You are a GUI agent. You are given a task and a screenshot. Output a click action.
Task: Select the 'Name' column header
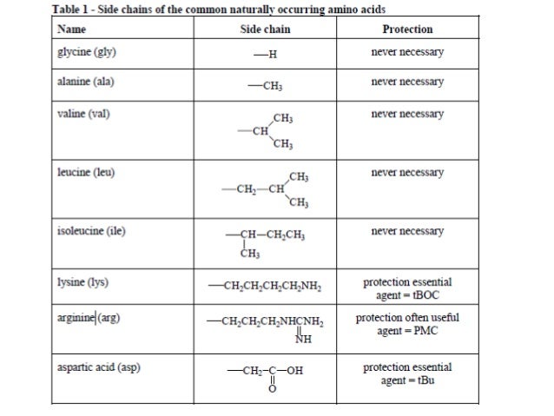70,30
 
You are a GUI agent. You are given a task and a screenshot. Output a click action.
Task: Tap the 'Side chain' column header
265,30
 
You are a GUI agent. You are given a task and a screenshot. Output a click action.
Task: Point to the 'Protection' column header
407,30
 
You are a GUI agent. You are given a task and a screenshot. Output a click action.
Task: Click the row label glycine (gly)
86,52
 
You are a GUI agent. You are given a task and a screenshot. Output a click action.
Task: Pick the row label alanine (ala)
85,83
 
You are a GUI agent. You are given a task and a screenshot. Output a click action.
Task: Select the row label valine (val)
82,114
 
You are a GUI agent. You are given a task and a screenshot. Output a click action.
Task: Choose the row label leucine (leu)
85,172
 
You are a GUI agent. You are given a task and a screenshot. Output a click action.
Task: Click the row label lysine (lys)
82,282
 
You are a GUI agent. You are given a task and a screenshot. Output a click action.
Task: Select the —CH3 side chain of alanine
266,86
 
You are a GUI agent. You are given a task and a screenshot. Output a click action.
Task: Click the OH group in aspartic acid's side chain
295,373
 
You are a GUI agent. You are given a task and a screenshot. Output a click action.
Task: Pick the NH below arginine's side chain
303,339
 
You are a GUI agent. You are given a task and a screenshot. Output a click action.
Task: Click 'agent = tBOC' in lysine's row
407,295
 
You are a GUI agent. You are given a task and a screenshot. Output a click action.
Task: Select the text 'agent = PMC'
407,331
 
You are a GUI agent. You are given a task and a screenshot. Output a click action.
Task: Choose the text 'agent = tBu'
407,380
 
